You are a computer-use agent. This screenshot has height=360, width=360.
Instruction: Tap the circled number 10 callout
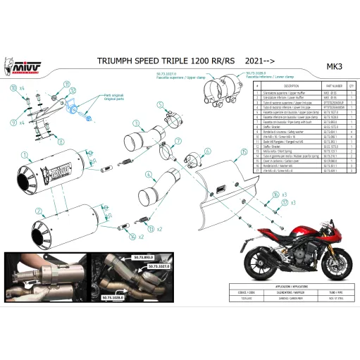click(x=13, y=88)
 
